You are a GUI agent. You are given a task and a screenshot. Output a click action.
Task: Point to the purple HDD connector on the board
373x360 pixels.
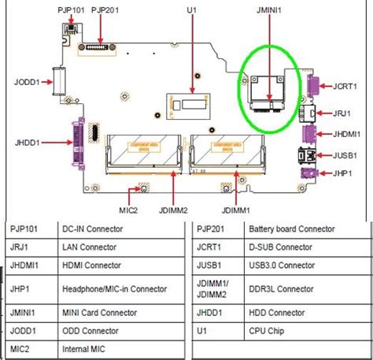pyautogui.click(x=79, y=144)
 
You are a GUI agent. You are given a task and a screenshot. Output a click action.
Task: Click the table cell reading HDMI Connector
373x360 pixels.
pyautogui.click(x=92, y=266)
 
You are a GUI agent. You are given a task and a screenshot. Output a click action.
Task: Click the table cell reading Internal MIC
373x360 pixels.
pyautogui.click(x=85, y=348)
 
